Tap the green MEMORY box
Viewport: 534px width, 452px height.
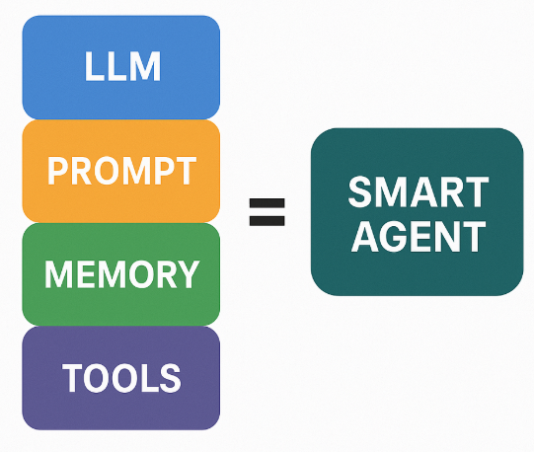pos(120,273)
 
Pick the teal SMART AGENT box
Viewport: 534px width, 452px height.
pos(417,212)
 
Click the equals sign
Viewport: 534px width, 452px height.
pos(267,211)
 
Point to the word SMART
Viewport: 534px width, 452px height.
pos(418,190)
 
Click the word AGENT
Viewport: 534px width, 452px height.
pos(418,236)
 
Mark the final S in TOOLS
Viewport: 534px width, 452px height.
pos(170,377)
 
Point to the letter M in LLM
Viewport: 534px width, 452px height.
pos(143,67)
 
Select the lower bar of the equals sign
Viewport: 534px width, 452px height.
pos(267,219)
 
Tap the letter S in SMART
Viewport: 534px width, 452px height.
pos(360,190)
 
